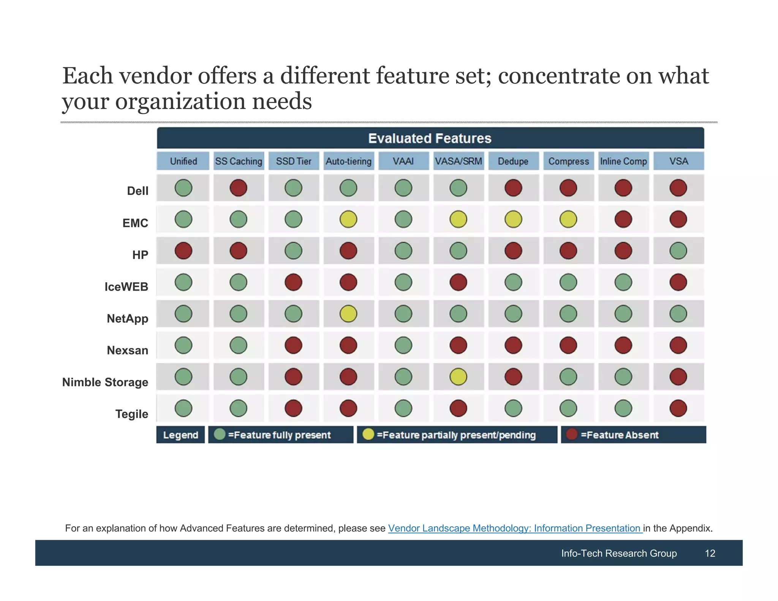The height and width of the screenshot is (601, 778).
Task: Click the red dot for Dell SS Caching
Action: pyautogui.click(x=238, y=188)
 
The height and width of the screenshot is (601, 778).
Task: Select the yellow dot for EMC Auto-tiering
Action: pyautogui.click(x=348, y=220)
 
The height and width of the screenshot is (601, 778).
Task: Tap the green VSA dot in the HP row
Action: pyautogui.click(x=678, y=251)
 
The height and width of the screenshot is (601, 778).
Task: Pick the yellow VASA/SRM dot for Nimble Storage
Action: pyautogui.click(x=458, y=377)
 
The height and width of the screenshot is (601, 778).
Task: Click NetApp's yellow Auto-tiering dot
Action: pyautogui.click(x=348, y=314)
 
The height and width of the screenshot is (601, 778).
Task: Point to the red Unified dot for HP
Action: pyautogui.click(x=183, y=251)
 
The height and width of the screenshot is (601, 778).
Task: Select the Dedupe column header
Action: pyautogui.click(x=513, y=161)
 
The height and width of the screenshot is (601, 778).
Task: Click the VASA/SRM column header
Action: pyautogui.click(x=458, y=161)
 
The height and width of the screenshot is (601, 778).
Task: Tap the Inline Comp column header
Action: pyautogui.click(x=623, y=161)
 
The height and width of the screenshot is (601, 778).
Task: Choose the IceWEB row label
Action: pyautogui.click(x=126, y=287)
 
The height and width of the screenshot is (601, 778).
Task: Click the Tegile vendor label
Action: pyautogui.click(x=131, y=414)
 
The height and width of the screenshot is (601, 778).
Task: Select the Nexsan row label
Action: pyautogui.click(x=127, y=350)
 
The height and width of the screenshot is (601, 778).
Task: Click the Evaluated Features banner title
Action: pyautogui.click(x=430, y=138)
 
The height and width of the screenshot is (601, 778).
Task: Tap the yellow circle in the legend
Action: pyautogui.click(x=368, y=434)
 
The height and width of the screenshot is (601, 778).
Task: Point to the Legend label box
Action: pyautogui.click(x=180, y=435)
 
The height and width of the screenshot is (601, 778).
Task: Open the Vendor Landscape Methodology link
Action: pyautogui.click(x=515, y=528)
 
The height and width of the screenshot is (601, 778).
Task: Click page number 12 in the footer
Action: pyautogui.click(x=710, y=553)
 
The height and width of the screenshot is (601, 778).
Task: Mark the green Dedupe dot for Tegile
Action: pyautogui.click(x=513, y=408)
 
